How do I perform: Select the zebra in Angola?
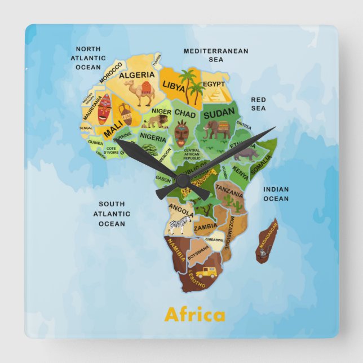pos(178,226)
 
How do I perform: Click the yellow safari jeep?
pos(206,273)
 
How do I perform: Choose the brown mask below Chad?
pos(181,135)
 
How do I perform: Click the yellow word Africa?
pos(194,315)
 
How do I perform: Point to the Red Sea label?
pos(258,104)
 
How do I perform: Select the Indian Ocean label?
pos(276,194)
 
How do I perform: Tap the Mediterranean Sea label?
pos(215,55)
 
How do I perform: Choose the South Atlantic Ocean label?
pos(112,214)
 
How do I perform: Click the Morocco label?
pos(110,73)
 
